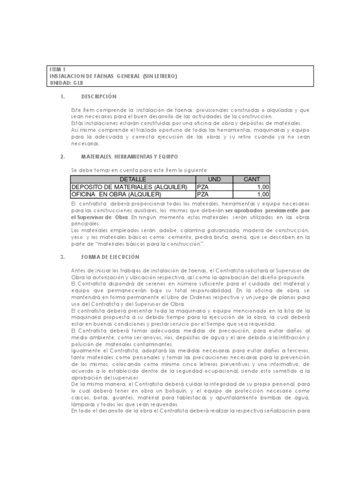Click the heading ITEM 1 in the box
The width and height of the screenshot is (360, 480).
pyautogui.click(x=58, y=70)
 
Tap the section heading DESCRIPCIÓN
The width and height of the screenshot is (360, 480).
pyautogui.click(x=98, y=97)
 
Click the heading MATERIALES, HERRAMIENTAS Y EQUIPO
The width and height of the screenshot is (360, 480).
pyautogui.click(x=129, y=156)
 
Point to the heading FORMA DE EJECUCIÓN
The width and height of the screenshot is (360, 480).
pyautogui.click(x=110, y=257)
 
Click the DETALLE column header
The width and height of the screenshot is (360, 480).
pyautogui.click(x=133, y=180)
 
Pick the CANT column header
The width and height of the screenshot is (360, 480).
pyautogui.click(x=251, y=180)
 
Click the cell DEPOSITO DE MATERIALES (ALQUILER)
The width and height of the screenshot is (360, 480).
pyautogui.click(x=129, y=187)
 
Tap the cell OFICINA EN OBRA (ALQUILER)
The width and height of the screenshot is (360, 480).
pyautogui.click(x=116, y=194)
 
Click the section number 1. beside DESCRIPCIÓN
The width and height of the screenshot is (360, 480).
pyautogui.click(x=62, y=97)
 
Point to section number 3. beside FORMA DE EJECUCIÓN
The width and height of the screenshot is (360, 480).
pyautogui.click(x=62, y=257)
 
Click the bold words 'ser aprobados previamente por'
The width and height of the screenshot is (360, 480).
pyautogui.click(x=267, y=211)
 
